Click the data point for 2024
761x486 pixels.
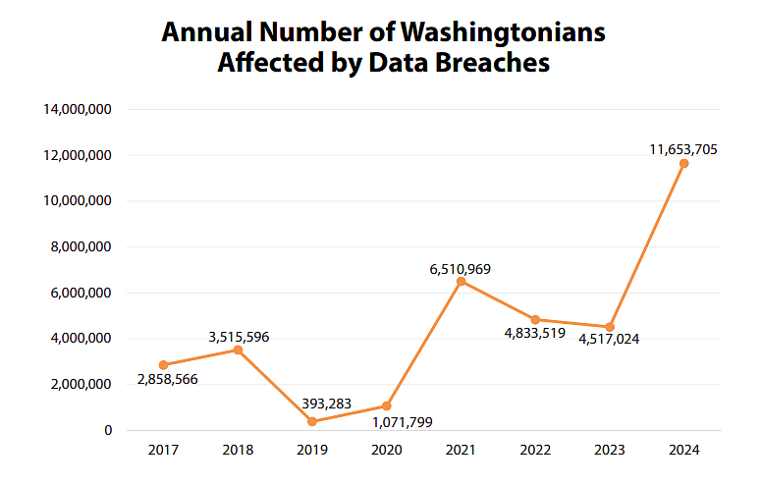683,163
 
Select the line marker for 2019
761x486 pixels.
312,421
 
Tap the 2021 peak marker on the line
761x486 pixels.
461,282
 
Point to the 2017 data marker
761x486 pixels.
163,365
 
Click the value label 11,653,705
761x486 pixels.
683,149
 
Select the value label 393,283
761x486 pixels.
311,404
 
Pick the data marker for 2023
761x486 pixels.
610,327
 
